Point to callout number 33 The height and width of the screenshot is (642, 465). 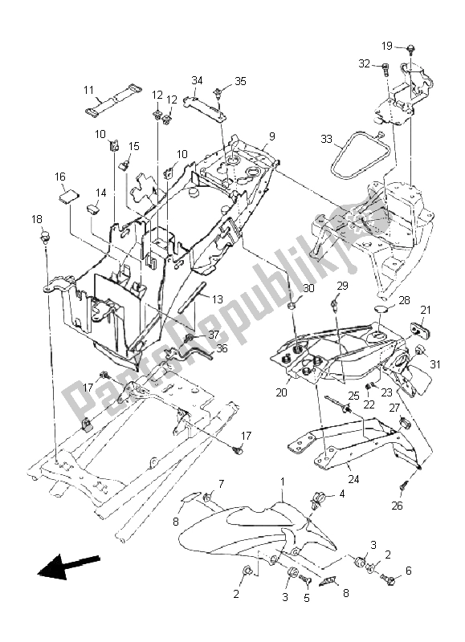pyautogui.click(x=326, y=139)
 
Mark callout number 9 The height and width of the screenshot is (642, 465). pyautogui.click(x=272, y=136)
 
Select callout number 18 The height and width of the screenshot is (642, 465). pyautogui.click(x=38, y=219)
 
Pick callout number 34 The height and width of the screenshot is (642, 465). pyautogui.click(x=197, y=80)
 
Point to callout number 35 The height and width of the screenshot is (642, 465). pyautogui.click(x=240, y=82)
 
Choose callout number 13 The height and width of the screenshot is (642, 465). pyautogui.click(x=218, y=299)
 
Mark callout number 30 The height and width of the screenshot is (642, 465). pyautogui.click(x=308, y=288)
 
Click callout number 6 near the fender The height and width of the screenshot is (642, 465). pyautogui.click(x=409, y=571)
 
